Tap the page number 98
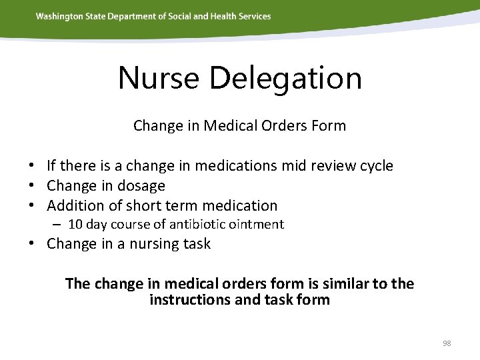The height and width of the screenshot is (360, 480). tap(447, 343)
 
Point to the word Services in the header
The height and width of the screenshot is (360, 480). tap(253, 16)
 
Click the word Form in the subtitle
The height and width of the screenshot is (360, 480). tap(330, 125)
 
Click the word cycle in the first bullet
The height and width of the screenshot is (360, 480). tap(375, 166)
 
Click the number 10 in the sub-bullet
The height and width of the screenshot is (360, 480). tap(75, 225)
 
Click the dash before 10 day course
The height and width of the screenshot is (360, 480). tap(59, 225)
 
